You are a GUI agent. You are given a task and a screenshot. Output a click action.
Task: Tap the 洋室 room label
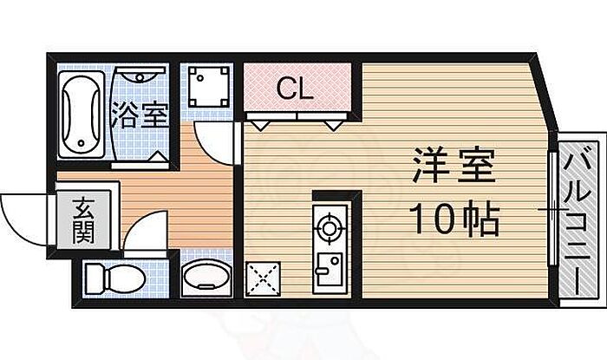[454, 165]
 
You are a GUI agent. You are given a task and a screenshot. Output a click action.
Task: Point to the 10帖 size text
[454, 219]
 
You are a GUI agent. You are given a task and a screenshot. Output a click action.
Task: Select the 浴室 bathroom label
[140, 115]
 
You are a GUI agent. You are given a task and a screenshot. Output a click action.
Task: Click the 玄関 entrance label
[83, 221]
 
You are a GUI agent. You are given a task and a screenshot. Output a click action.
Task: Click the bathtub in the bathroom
[82, 115]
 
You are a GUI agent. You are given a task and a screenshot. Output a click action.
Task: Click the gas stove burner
[330, 228]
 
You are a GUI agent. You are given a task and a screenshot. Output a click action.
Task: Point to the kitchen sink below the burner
[329, 269]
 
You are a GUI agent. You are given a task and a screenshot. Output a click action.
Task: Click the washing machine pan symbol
[208, 87]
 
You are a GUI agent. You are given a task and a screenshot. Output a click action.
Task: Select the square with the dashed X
[263, 278]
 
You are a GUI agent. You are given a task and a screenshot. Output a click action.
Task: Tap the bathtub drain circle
[81, 143]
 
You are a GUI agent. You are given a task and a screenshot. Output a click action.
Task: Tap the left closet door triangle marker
[259, 125]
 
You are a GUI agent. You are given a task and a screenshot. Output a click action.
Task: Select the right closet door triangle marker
[333, 125]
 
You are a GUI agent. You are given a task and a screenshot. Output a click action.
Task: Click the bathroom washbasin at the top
[140, 75]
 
